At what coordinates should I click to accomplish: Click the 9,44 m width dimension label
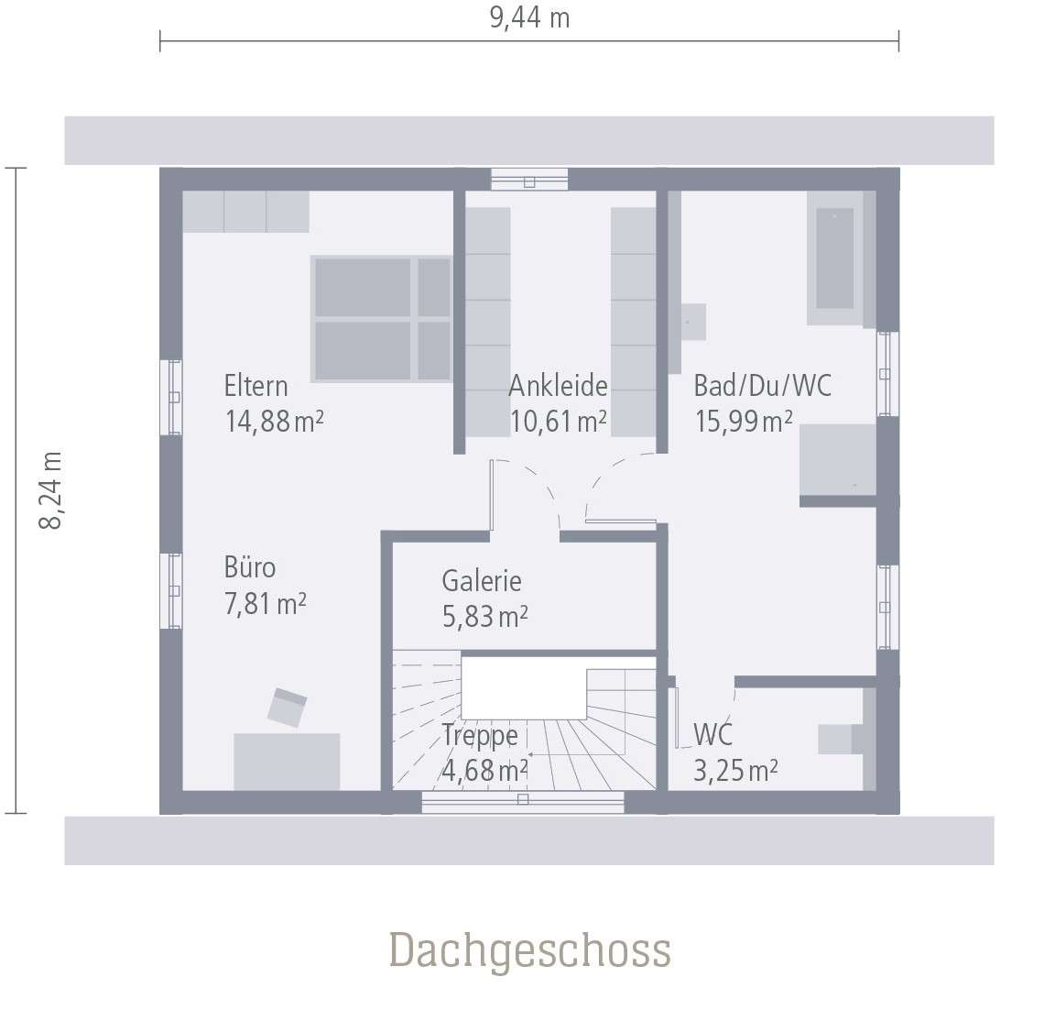click(529, 17)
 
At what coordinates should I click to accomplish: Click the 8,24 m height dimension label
click(51, 489)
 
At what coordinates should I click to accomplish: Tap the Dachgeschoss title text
click(529, 950)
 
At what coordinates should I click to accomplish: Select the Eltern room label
click(256, 386)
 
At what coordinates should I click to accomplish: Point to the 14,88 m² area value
click(274, 422)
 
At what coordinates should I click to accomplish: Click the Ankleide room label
click(558, 386)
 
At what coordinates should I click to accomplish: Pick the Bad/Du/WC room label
click(762, 386)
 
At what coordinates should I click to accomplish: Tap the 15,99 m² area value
click(743, 422)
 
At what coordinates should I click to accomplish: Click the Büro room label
click(249, 567)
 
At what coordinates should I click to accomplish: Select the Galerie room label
click(482, 581)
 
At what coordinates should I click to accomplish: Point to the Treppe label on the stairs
click(479, 735)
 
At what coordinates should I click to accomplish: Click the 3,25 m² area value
click(735, 771)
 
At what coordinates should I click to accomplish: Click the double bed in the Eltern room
click(382, 318)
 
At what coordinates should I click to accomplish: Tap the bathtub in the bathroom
click(834, 258)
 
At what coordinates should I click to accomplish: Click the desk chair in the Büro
click(287, 708)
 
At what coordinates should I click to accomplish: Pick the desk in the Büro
click(287, 761)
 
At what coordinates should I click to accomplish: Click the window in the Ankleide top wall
click(528, 180)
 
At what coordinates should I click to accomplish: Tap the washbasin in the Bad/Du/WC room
click(692, 322)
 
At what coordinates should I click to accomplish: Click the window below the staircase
click(522, 801)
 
